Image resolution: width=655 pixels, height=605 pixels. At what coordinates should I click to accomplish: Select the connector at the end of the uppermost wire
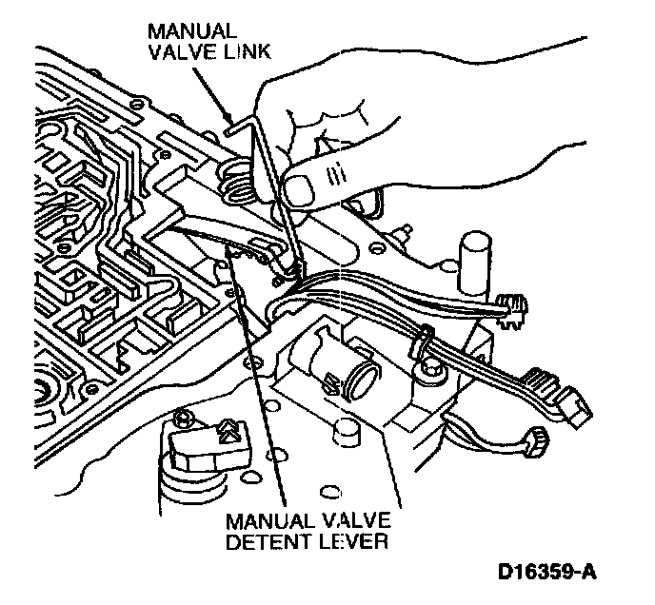pos(512,306)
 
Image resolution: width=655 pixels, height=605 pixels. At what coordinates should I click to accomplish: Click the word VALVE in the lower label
pos(352,521)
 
